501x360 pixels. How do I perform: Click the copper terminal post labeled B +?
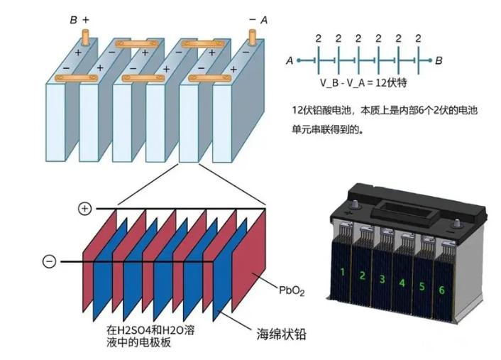(86, 38)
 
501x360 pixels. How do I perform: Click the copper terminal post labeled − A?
(252, 38)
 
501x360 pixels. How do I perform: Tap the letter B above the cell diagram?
(74, 20)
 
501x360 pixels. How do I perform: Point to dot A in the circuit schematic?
(299, 60)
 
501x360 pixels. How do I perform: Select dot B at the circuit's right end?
(430, 60)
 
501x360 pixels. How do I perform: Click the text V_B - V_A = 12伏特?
(363, 83)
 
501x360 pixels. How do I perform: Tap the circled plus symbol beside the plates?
(84, 209)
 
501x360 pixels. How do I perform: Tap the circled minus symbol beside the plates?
(49, 261)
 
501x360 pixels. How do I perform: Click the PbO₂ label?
(292, 290)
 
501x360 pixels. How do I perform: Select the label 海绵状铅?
(281, 334)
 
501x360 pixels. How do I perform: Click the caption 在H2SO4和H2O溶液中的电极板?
(150, 336)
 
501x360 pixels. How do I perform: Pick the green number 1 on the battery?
(343, 272)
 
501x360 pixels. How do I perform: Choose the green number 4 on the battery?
(402, 283)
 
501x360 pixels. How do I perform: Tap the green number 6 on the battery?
(441, 290)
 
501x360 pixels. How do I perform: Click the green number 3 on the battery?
(382, 279)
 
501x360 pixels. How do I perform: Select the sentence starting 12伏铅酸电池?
(385, 120)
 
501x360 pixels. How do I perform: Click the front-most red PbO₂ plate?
(249, 261)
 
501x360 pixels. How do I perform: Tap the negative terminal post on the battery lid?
(457, 224)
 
